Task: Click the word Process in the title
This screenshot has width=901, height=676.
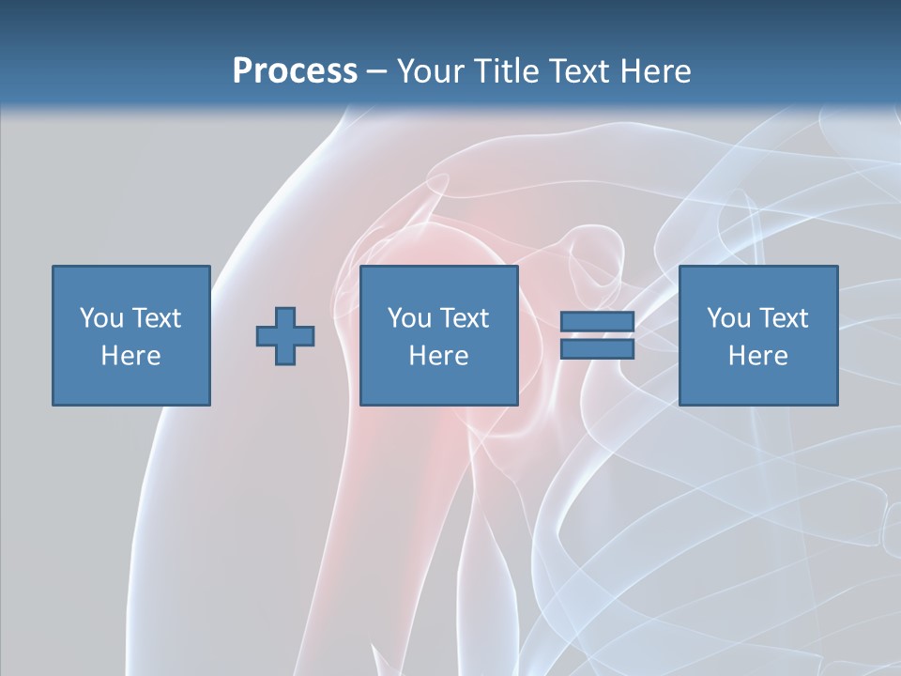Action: (x=295, y=71)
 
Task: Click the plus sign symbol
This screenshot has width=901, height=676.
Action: (x=285, y=336)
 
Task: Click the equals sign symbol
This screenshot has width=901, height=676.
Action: (x=597, y=335)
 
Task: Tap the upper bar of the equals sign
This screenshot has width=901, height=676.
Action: (x=597, y=322)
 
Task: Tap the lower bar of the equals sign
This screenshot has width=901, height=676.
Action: (x=597, y=349)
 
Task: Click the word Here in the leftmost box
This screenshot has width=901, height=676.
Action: (x=130, y=356)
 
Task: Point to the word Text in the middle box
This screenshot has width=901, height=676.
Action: (x=465, y=318)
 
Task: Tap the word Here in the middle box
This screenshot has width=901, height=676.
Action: (x=438, y=356)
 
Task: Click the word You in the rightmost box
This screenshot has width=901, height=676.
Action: (x=728, y=318)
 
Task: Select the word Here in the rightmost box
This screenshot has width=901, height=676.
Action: (x=757, y=356)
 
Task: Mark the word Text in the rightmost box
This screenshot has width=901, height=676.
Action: (x=784, y=318)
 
